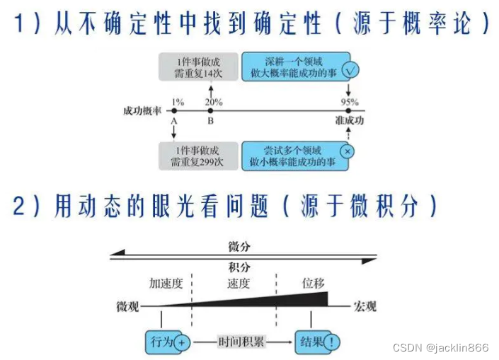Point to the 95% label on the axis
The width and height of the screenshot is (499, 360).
(x=349, y=103)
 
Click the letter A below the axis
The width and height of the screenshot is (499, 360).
(x=173, y=122)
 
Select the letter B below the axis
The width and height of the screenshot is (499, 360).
(x=210, y=122)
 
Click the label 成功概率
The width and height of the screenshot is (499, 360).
(x=141, y=112)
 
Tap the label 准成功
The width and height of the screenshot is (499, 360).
(x=349, y=122)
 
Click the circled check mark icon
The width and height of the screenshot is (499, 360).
(x=350, y=71)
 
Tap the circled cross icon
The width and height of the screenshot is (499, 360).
(x=347, y=151)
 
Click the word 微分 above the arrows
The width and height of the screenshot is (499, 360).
(x=239, y=246)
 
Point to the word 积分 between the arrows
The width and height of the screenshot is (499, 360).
(x=239, y=266)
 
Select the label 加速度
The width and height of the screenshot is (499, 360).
(x=166, y=284)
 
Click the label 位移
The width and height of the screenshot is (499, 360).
(x=313, y=284)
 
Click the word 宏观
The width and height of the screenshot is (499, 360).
(x=365, y=307)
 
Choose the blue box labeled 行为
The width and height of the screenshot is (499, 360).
(x=162, y=342)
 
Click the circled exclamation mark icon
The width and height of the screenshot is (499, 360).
(x=333, y=343)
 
